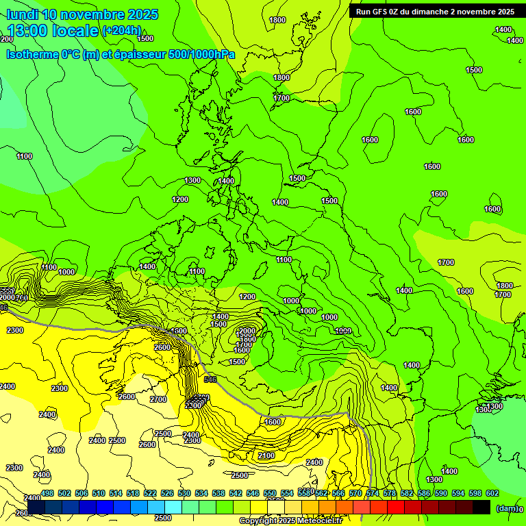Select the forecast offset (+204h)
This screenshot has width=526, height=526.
pyautogui.click(x=121, y=31)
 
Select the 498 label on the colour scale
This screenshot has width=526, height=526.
pyautogui.click(x=47, y=493)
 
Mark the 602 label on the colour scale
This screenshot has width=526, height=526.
pyautogui.click(x=492, y=493)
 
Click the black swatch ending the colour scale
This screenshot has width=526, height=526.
pyautogui.click(x=481, y=507)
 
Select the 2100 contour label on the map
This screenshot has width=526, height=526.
pyautogui.click(x=266, y=455)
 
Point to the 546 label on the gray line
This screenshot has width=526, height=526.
pyautogui.click(x=210, y=379)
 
